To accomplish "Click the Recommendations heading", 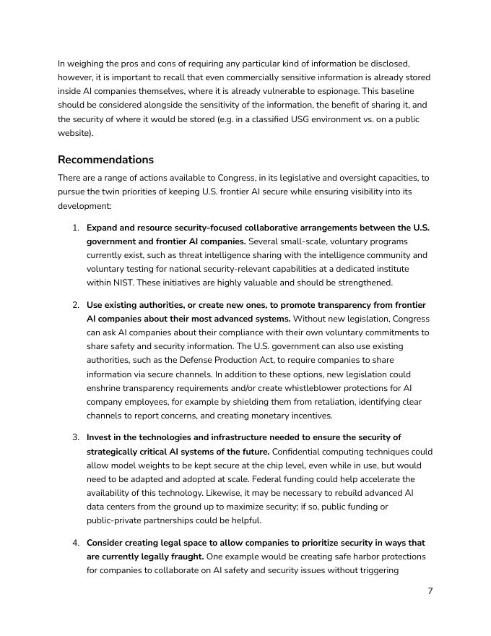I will pyautogui.click(x=105, y=160).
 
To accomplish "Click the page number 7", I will pyautogui.click(x=430, y=591).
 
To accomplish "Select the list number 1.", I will pyautogui.click(x=76, y=228).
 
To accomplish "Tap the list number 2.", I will pyautogui.click(x=76, y=305).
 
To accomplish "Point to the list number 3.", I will pyautogui.click(x=76, y=437).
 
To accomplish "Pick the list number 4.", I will pyautogui.click(x=76, y=543).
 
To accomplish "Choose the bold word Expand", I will pyautogui.click(x=103, y=228).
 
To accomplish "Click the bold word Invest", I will pyautogui.click(x=100, y=437).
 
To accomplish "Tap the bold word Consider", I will pyautogui.click(x=108, y=543).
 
